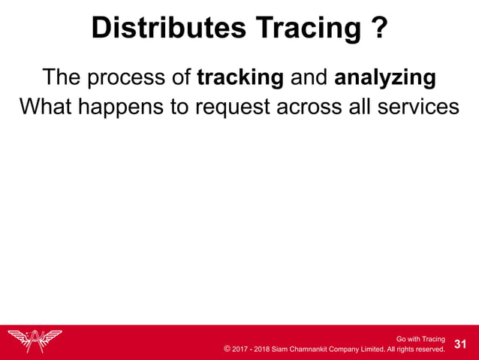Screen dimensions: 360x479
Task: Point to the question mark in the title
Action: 379,29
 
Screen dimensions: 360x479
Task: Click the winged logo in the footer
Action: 35,341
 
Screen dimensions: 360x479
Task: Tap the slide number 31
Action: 461,344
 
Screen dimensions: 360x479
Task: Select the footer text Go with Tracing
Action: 420,339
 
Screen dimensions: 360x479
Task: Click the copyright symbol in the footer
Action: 227,349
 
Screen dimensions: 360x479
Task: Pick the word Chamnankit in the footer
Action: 315,349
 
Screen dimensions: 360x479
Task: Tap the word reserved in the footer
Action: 429,349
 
